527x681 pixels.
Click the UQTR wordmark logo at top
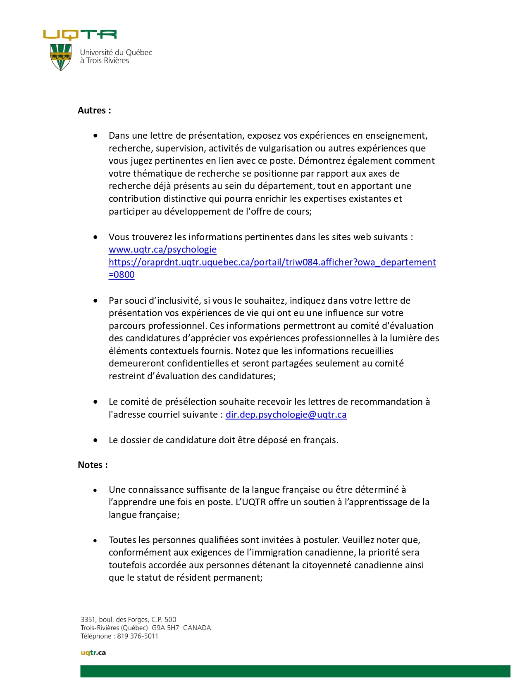coord(80,35)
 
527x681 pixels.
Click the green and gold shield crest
coord(61,57)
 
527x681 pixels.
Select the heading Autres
coord(94,111)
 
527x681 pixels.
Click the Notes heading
coord(93,465)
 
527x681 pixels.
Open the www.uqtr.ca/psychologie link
coord(162,250)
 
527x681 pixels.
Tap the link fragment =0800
coord(122,275)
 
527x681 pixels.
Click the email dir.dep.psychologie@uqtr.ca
coord(286,415)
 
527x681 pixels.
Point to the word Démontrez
coord(322,161)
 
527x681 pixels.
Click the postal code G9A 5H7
coord(165,628)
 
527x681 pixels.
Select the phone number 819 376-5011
coord(138,636)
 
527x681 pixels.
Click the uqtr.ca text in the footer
coord(93,653)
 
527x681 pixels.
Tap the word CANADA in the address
coord(197,628)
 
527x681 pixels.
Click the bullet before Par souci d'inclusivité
coord(96,301)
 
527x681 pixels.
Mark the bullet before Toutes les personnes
coord(95,540)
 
